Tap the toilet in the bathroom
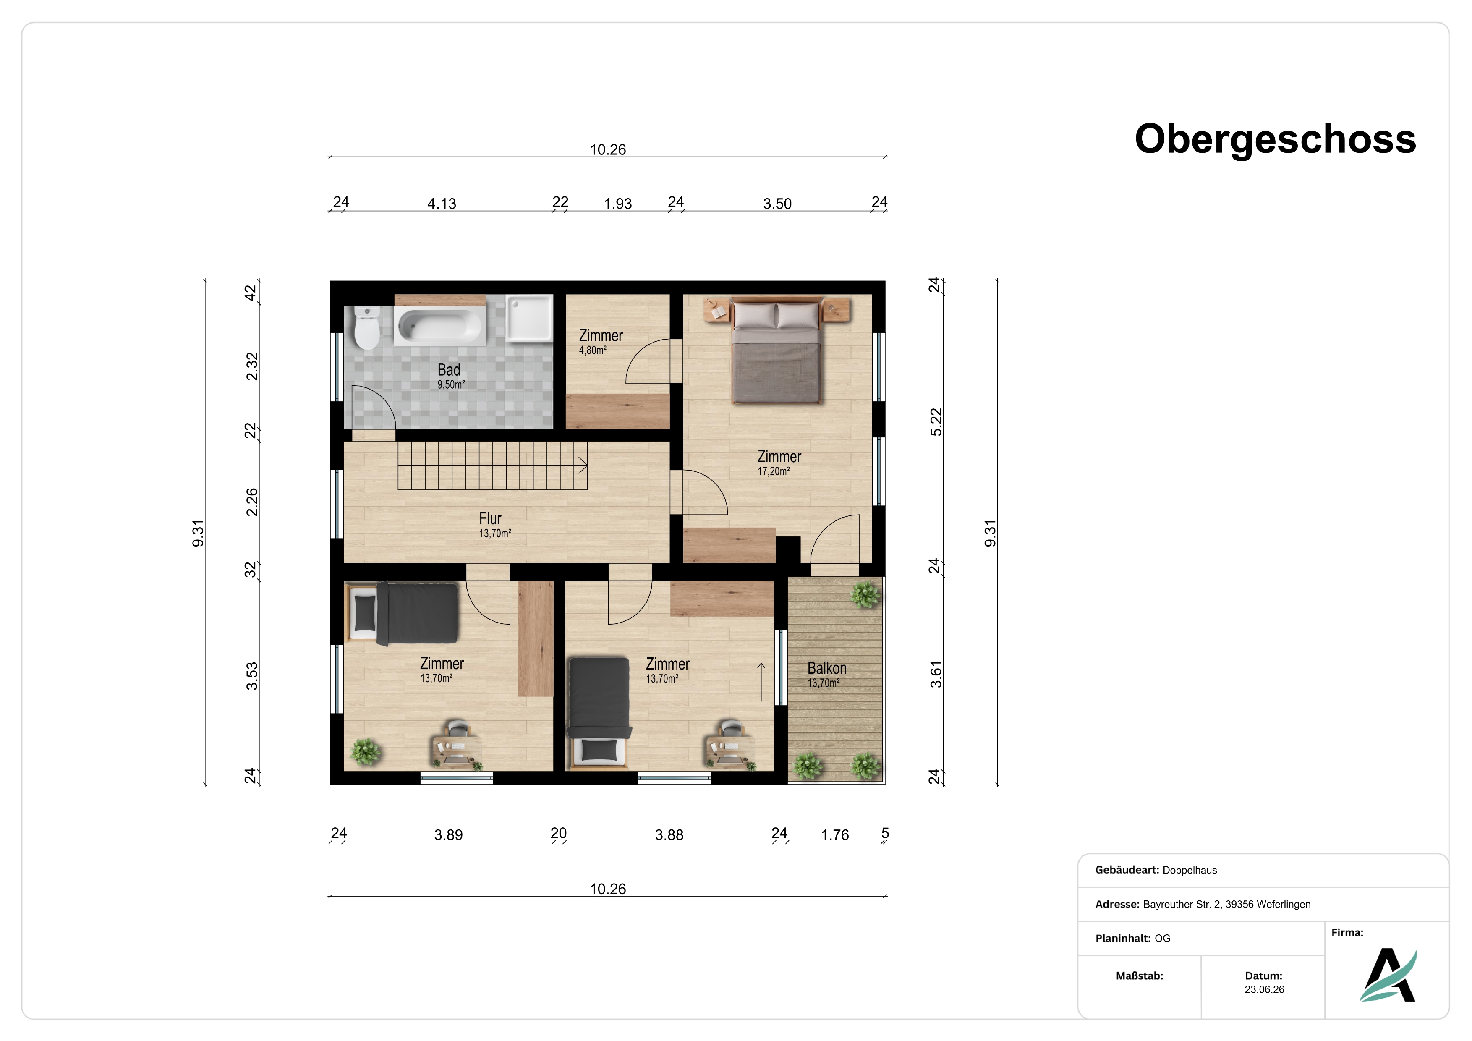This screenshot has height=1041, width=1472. pos(367,327)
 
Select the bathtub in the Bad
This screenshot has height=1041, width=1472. pos(440,326)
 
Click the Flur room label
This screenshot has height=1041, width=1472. pos(490,518)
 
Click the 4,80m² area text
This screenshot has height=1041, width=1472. pos(592,350)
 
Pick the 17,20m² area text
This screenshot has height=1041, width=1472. pos(774,471)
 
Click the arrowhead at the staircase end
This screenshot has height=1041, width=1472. pos(583,466)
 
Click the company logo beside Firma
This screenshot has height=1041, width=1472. pos(1388,974)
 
